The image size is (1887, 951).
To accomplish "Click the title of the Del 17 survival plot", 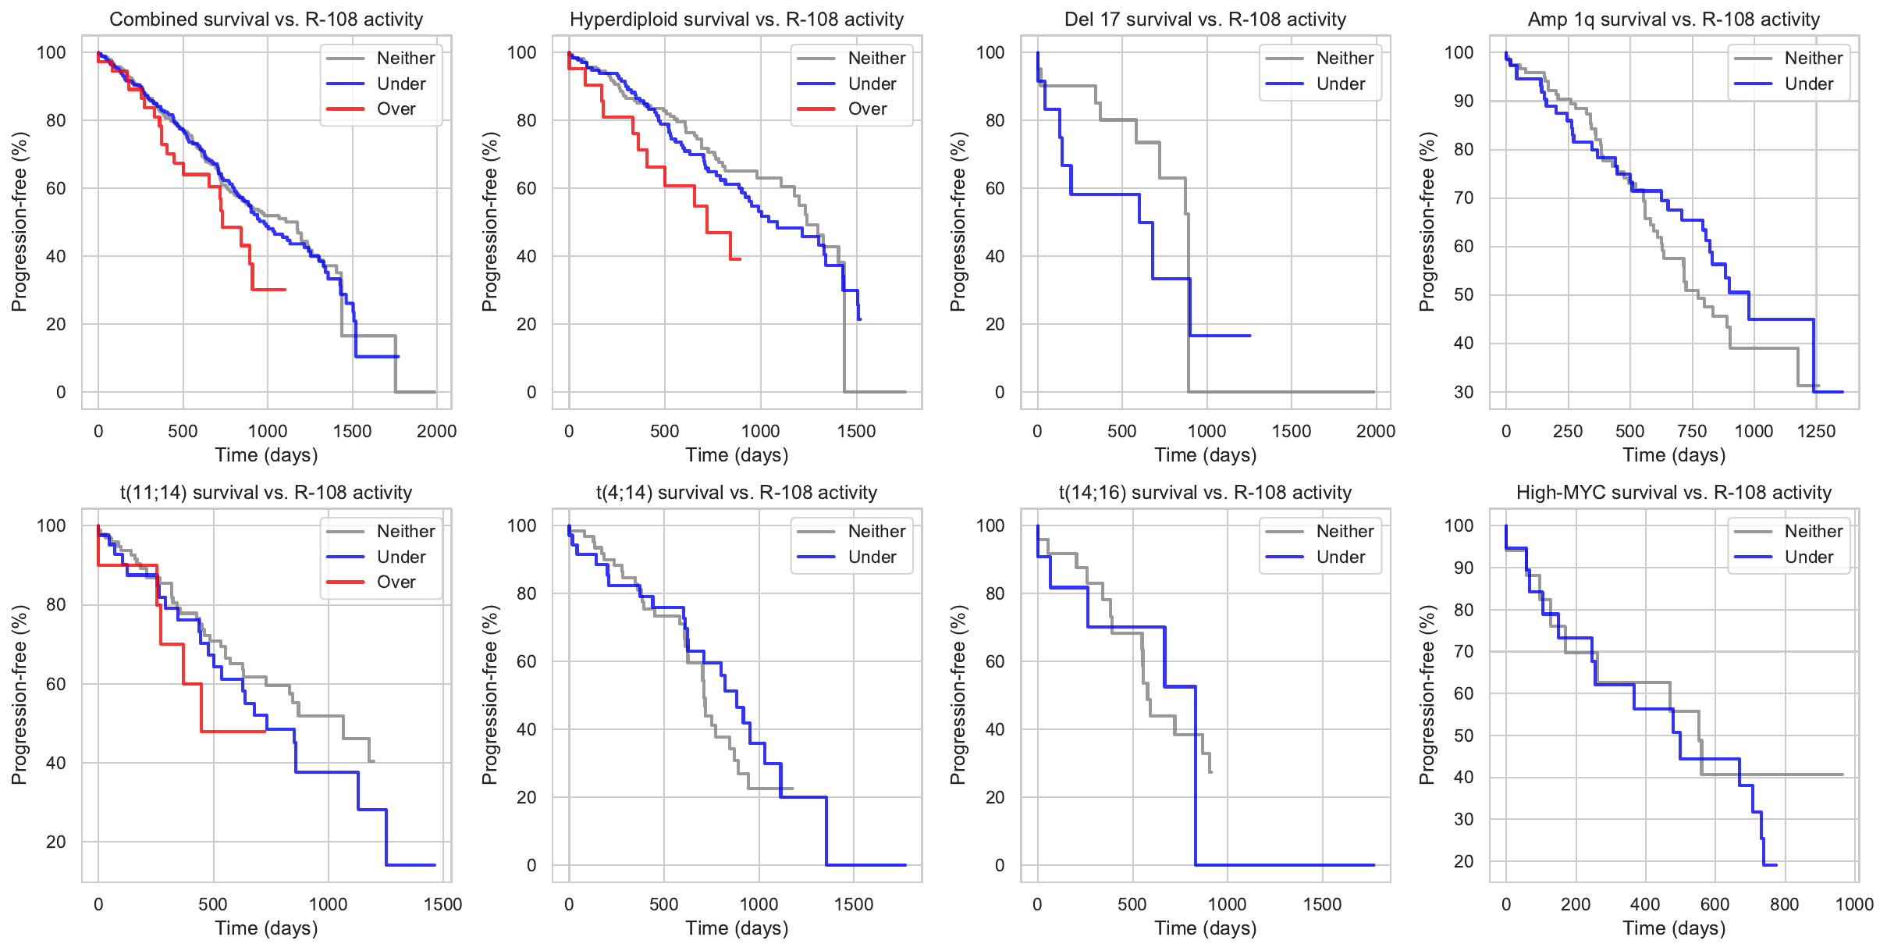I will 1205,20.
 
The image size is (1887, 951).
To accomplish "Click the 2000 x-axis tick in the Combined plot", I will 436,431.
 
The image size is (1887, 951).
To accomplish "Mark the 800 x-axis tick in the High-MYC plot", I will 1784,904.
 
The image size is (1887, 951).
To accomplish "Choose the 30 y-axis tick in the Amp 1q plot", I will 1464,392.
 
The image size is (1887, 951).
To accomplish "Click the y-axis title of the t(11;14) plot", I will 20,695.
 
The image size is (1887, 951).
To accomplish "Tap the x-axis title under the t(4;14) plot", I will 737,928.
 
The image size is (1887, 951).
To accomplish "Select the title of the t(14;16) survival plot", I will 1205,493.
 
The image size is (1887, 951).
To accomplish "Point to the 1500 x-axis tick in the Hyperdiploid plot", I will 856,431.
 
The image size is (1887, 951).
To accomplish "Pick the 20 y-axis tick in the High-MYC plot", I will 1464,861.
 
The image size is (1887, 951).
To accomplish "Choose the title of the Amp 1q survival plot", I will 1673,20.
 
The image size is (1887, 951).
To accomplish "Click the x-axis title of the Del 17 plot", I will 1205,455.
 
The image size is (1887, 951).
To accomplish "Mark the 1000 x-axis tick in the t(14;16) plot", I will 1227,904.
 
